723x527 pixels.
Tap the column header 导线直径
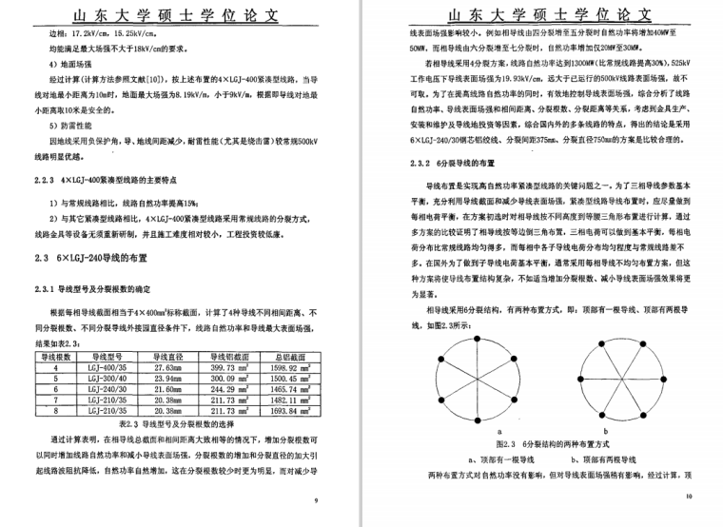pos(166,355)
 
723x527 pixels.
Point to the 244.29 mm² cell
pos(229,389)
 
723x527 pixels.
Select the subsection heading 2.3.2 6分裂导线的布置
pos(454,166)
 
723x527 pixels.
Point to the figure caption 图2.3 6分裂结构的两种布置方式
pos(543,444)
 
